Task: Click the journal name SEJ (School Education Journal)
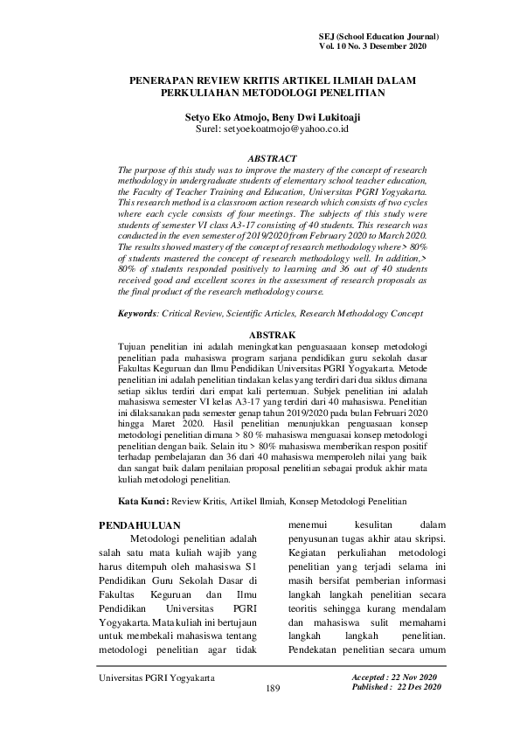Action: tap(380, 37)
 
